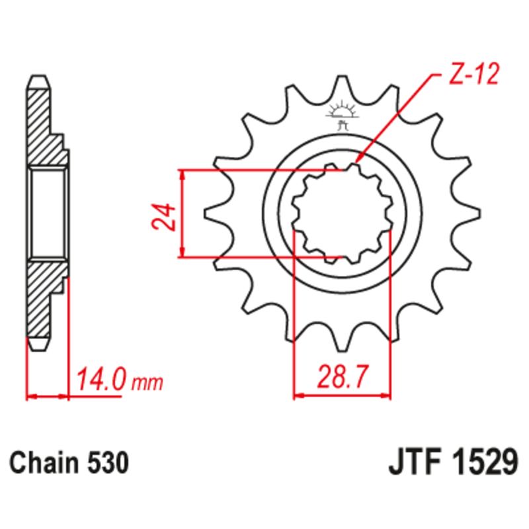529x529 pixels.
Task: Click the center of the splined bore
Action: click(x=342, y=213)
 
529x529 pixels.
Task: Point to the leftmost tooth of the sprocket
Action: click(x=215, y=213)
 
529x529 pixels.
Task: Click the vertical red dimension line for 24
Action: click(x=182, y=213)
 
